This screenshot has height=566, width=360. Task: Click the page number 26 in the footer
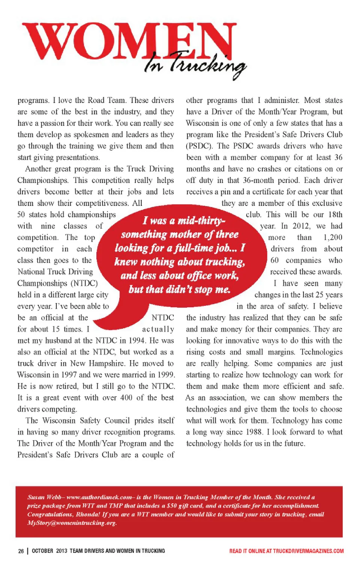tap(21, 551)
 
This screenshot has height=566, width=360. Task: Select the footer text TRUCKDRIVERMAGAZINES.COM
tap(308, 551)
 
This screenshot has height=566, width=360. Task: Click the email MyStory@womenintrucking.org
tap(72, 523)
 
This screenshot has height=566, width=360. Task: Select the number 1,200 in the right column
tap(333, 237)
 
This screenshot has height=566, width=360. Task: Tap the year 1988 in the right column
tap(254, 432)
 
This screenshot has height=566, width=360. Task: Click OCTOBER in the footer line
tap(42, 551)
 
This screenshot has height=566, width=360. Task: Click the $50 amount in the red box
tap(171, 506)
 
